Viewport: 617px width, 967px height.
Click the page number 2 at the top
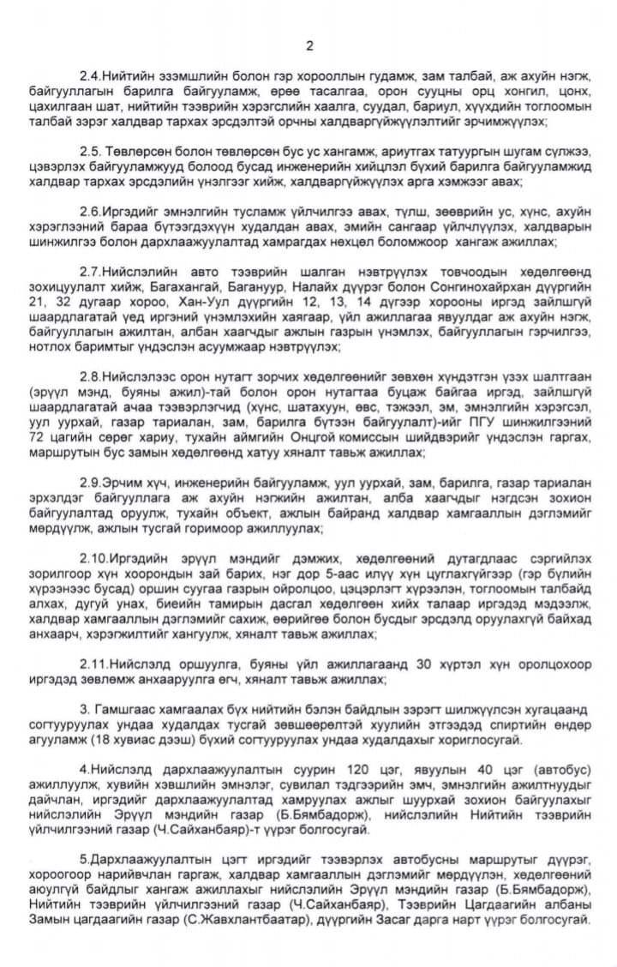[x=309, y=45]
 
